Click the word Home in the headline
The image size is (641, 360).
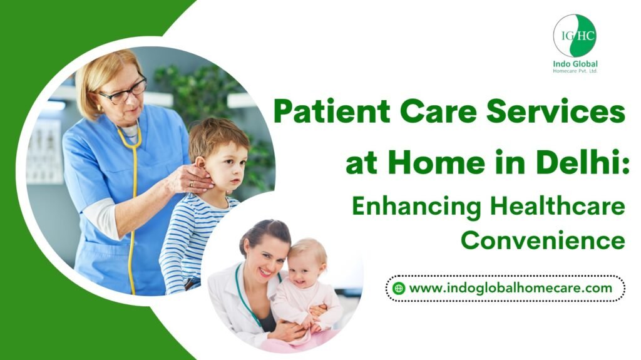439,162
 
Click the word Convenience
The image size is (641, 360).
543,240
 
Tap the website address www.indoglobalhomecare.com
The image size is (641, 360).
510,288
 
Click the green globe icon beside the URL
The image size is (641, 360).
398,289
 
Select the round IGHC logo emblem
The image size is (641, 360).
575,36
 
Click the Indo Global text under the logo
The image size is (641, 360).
575,64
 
